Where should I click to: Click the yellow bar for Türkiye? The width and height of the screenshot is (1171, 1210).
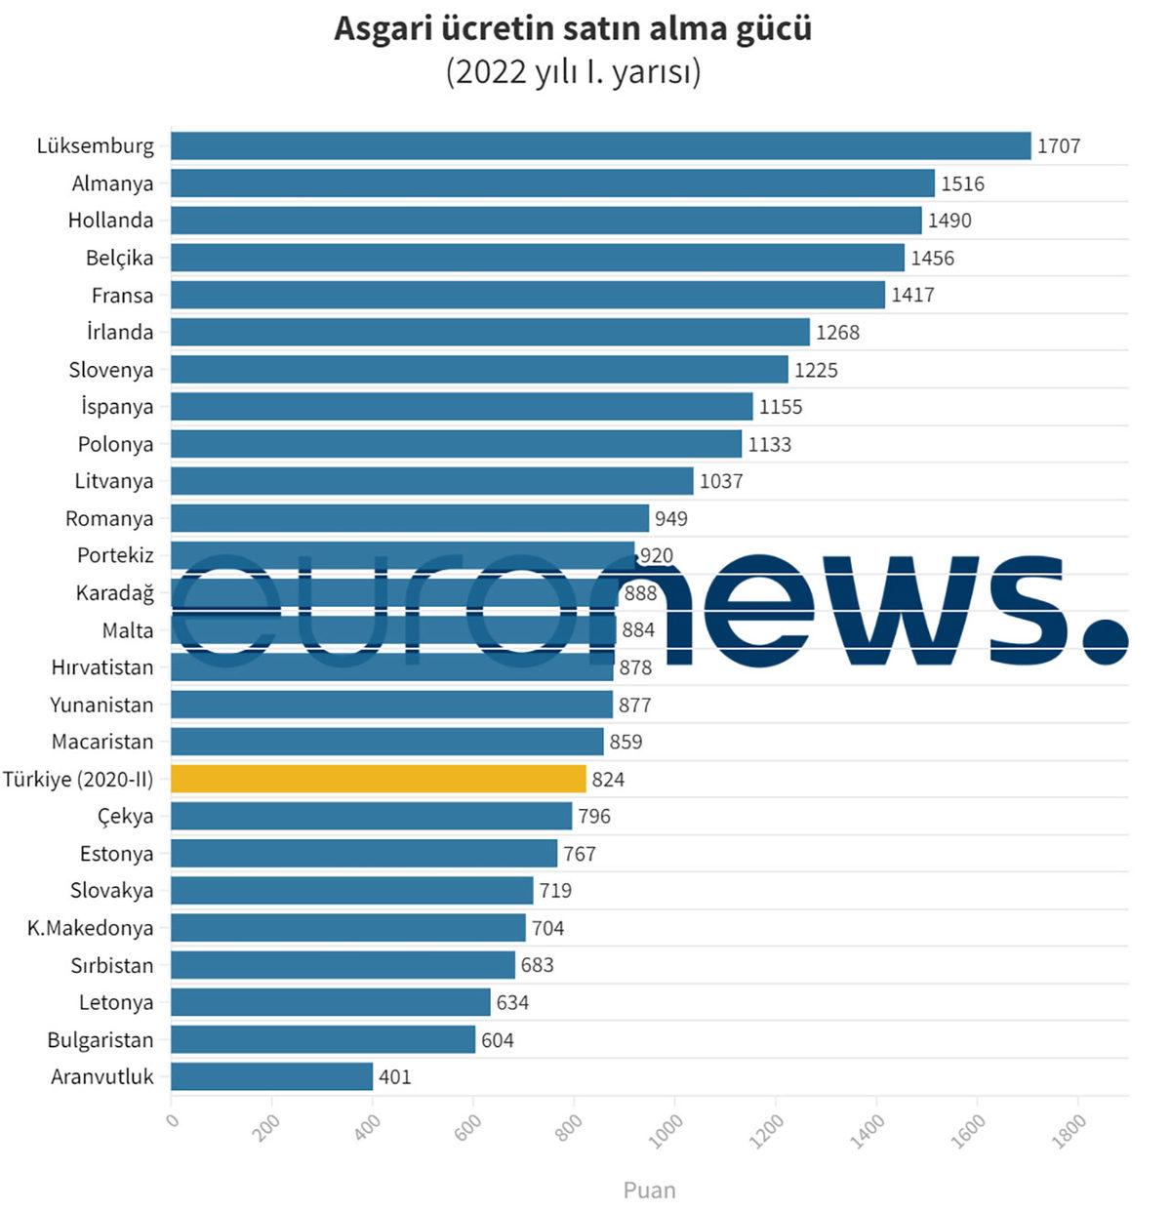pyautogui.click(x=379, y=779)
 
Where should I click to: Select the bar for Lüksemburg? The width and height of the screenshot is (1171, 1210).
pyautogui.click(x=600, y=145)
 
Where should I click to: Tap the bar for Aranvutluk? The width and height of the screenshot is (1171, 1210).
pyautogui.click(x=272, y=1076)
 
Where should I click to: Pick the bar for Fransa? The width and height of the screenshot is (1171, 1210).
pyautogui.click(x=527, y=295)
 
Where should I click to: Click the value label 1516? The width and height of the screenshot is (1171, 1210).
pyautogui.click(x=962, y=183)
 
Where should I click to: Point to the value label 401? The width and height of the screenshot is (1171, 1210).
pyautogui.click(x=395, y=1077)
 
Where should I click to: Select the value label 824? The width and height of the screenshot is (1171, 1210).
pyautogui.click(x=608, y=780)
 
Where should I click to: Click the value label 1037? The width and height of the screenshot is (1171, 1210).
pyautogui.click(x=721, y=481)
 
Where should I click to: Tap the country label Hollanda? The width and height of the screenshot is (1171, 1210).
pyautogui.click(x=110, y=221)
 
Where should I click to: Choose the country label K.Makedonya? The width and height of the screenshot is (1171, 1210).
pyautogui.click(x=90, y=928)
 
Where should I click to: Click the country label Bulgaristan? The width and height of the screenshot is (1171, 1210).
pyautogui.click(x=101, y=1040)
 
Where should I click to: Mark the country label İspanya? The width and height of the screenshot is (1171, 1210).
pyautogui.click(x=117, y=407)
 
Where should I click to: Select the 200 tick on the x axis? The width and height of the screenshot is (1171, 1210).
pyautogui.click(x=265, y=1128)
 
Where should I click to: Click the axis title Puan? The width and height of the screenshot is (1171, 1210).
pyautogui.click(x=649, y=1190)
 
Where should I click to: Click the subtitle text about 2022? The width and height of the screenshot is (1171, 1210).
pyautogui.click(x=574, y=73)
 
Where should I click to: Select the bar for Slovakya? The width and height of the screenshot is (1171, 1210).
pyautogui.click(x=351, y=890)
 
